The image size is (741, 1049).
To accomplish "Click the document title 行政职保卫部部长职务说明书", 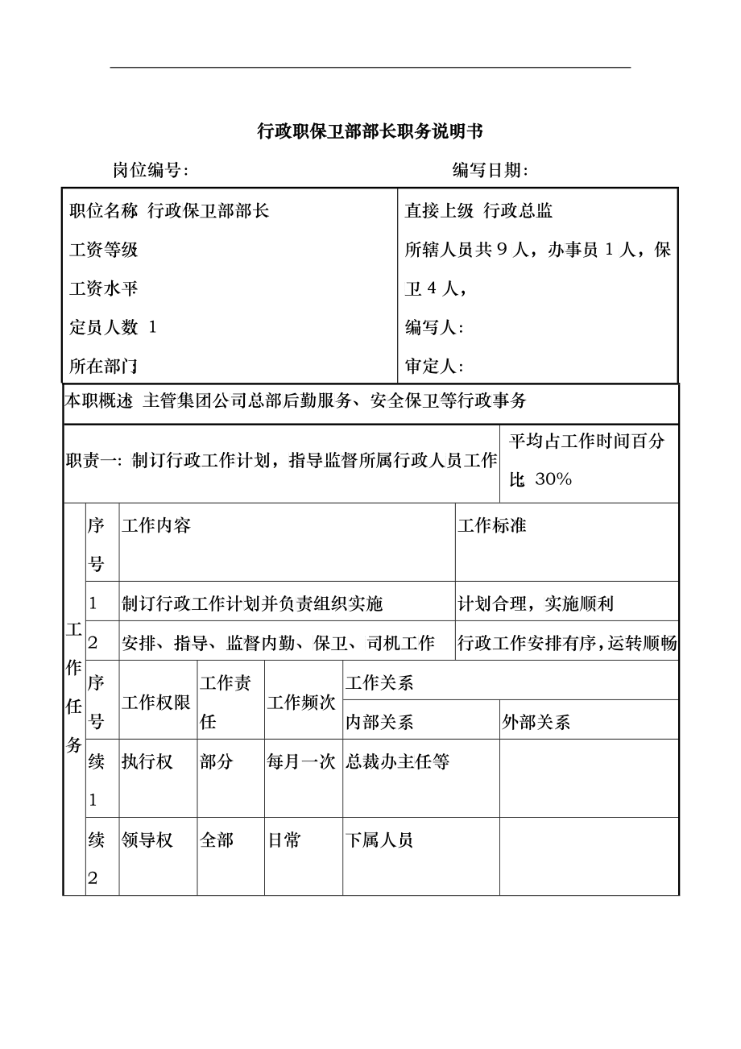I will [x=370, y=131].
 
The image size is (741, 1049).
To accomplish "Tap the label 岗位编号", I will [x=151, y=170].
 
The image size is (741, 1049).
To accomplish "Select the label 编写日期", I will [x=491, y=170].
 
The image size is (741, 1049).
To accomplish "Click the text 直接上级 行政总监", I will [x=478, y=211].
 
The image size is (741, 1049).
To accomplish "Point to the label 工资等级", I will [x=104, y=250].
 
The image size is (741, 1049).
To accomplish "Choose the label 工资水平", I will [x=104, y=288].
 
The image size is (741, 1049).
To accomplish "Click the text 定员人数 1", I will [x=114, y=327].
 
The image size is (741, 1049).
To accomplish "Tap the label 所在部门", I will [x=104, y=367].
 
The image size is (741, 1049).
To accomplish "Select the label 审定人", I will [x=434, y=367].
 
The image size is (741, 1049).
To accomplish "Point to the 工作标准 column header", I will [x=492, y=526].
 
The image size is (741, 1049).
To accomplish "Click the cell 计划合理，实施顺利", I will [x=536, y=603].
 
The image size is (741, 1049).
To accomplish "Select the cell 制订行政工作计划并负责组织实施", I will [x=252, y=603].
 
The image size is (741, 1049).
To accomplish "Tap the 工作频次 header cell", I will [x=301, y=702].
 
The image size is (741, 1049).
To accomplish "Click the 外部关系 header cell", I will [x=536, y=722].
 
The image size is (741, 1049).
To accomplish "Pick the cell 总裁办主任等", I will [x=398, y=761].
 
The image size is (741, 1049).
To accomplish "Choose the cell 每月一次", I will [x=301, y=761].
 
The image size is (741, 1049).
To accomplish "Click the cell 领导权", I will [x=147, y=840].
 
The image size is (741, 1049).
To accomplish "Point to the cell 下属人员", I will [x=379, y=840].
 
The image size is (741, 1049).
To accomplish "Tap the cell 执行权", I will [x=147, y=761].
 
